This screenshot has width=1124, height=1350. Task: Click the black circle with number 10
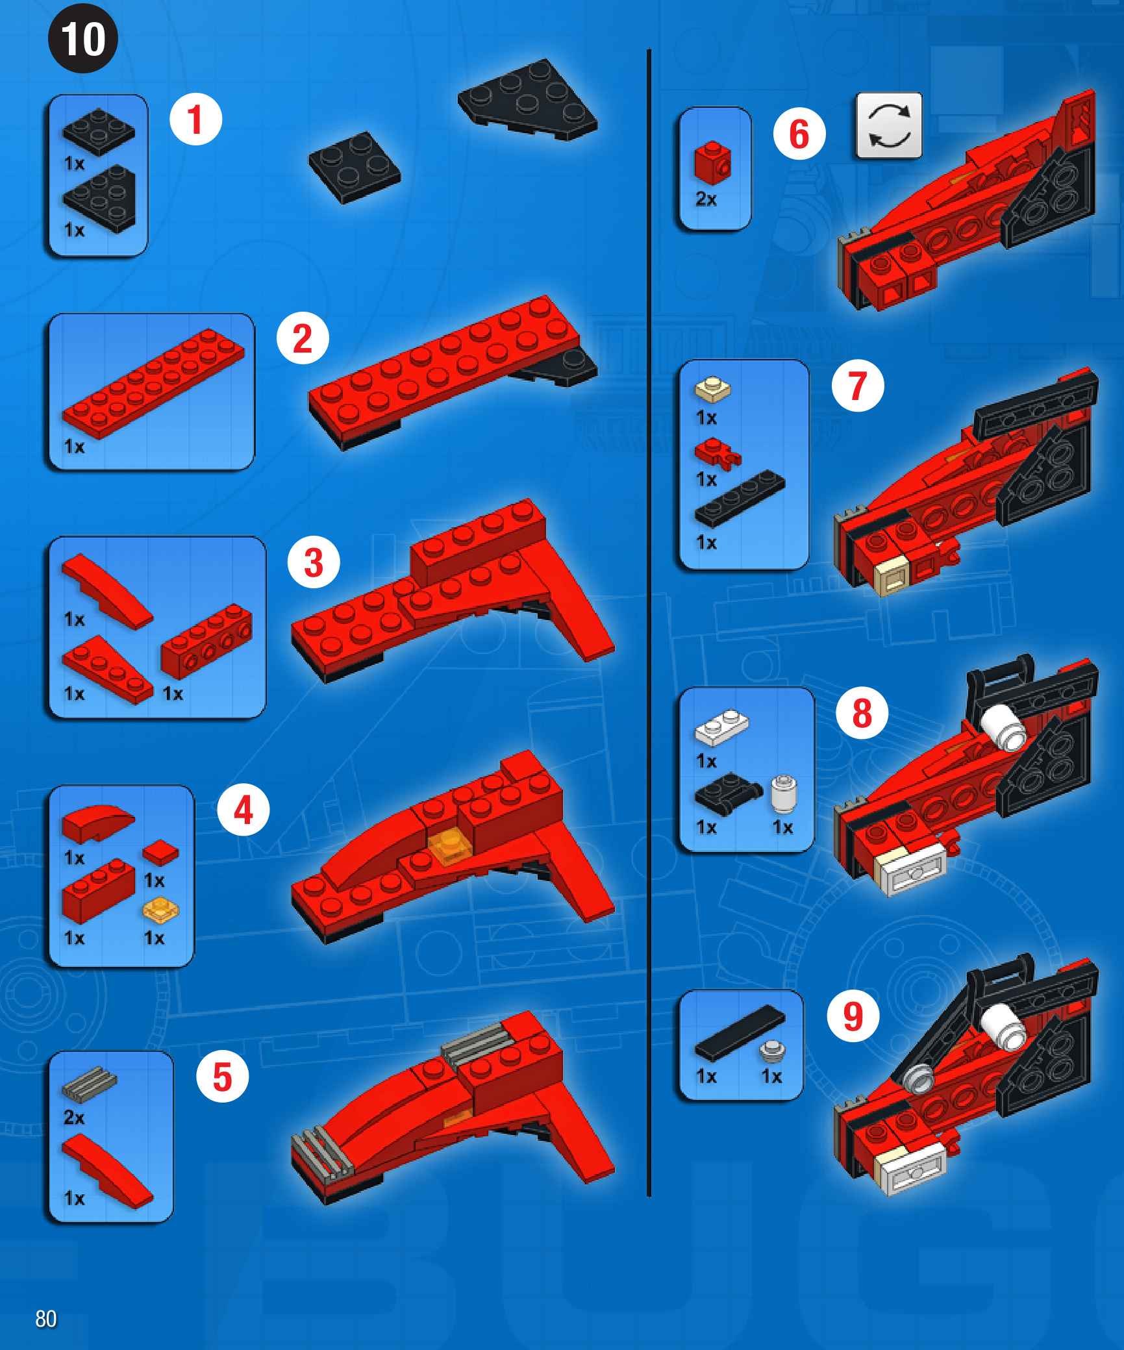[83, 38]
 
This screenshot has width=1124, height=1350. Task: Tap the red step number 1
[195, 119]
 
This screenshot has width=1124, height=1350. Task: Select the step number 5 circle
[223, 1077]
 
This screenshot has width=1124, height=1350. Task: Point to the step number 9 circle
[853, 1016]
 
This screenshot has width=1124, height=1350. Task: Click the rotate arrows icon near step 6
[889, 125]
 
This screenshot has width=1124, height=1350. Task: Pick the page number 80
[46, 1319]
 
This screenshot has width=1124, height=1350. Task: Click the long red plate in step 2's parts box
[153, 382]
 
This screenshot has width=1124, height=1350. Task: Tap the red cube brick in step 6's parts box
[712, 163]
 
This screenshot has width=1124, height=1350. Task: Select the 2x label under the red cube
[706, 199]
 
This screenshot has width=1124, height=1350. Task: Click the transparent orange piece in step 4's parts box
[160, 910]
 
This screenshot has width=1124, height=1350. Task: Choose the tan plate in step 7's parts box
[712, 389]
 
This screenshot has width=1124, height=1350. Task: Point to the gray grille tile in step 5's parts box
[89, 1085]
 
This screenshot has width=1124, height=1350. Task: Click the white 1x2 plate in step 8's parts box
[722, 727]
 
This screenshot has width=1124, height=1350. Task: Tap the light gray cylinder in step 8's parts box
[784, 794]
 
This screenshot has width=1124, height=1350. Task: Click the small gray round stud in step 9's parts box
[773, 1051]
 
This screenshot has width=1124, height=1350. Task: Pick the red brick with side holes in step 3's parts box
[206, 641]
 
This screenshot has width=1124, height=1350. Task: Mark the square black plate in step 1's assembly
[355, 168]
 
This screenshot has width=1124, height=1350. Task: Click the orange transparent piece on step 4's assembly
[450, 847]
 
